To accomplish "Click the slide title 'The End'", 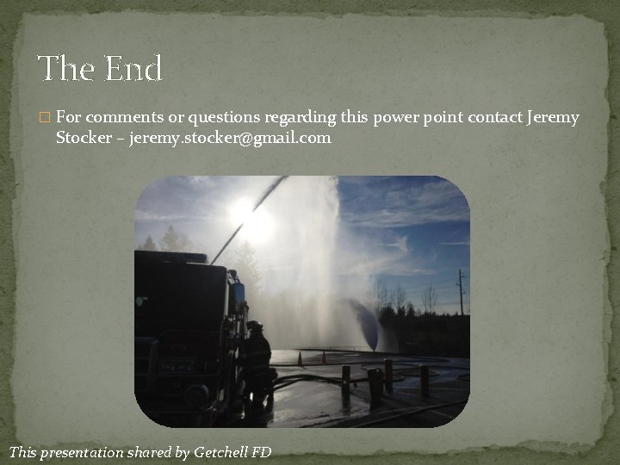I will (100, 69).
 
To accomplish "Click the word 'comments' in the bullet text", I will (119, 117).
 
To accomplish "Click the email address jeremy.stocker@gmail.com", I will (230, 138).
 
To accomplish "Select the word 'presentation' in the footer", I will (93, 450).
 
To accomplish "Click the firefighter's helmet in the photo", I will (255, 325).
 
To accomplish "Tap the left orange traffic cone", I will (300, 358).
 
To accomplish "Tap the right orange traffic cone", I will (324, 356).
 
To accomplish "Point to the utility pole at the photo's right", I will (460, 293).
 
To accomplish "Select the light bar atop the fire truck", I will (172, 255).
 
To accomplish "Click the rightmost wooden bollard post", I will (425, 381).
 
